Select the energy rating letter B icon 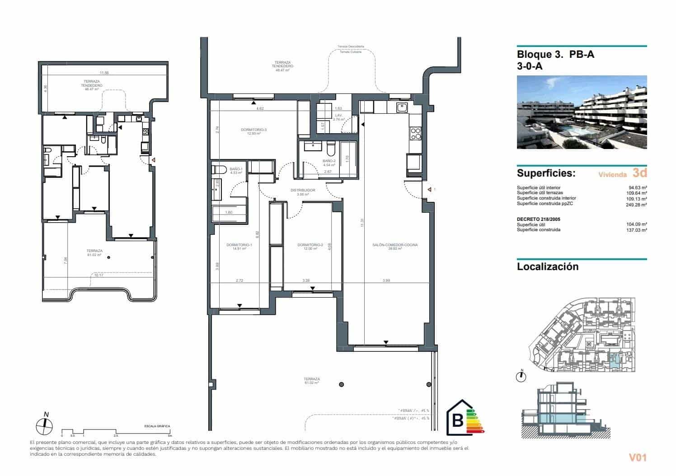[x=457, y=420]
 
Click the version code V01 [x=638, y=457]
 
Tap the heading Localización [x=547, y=266]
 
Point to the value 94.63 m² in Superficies [x=637, y=187]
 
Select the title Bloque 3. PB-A [x=555, y=55]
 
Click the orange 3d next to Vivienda [x=639, y=173]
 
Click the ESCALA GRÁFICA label [x=157, y=426]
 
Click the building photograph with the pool [x=582, y=112]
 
